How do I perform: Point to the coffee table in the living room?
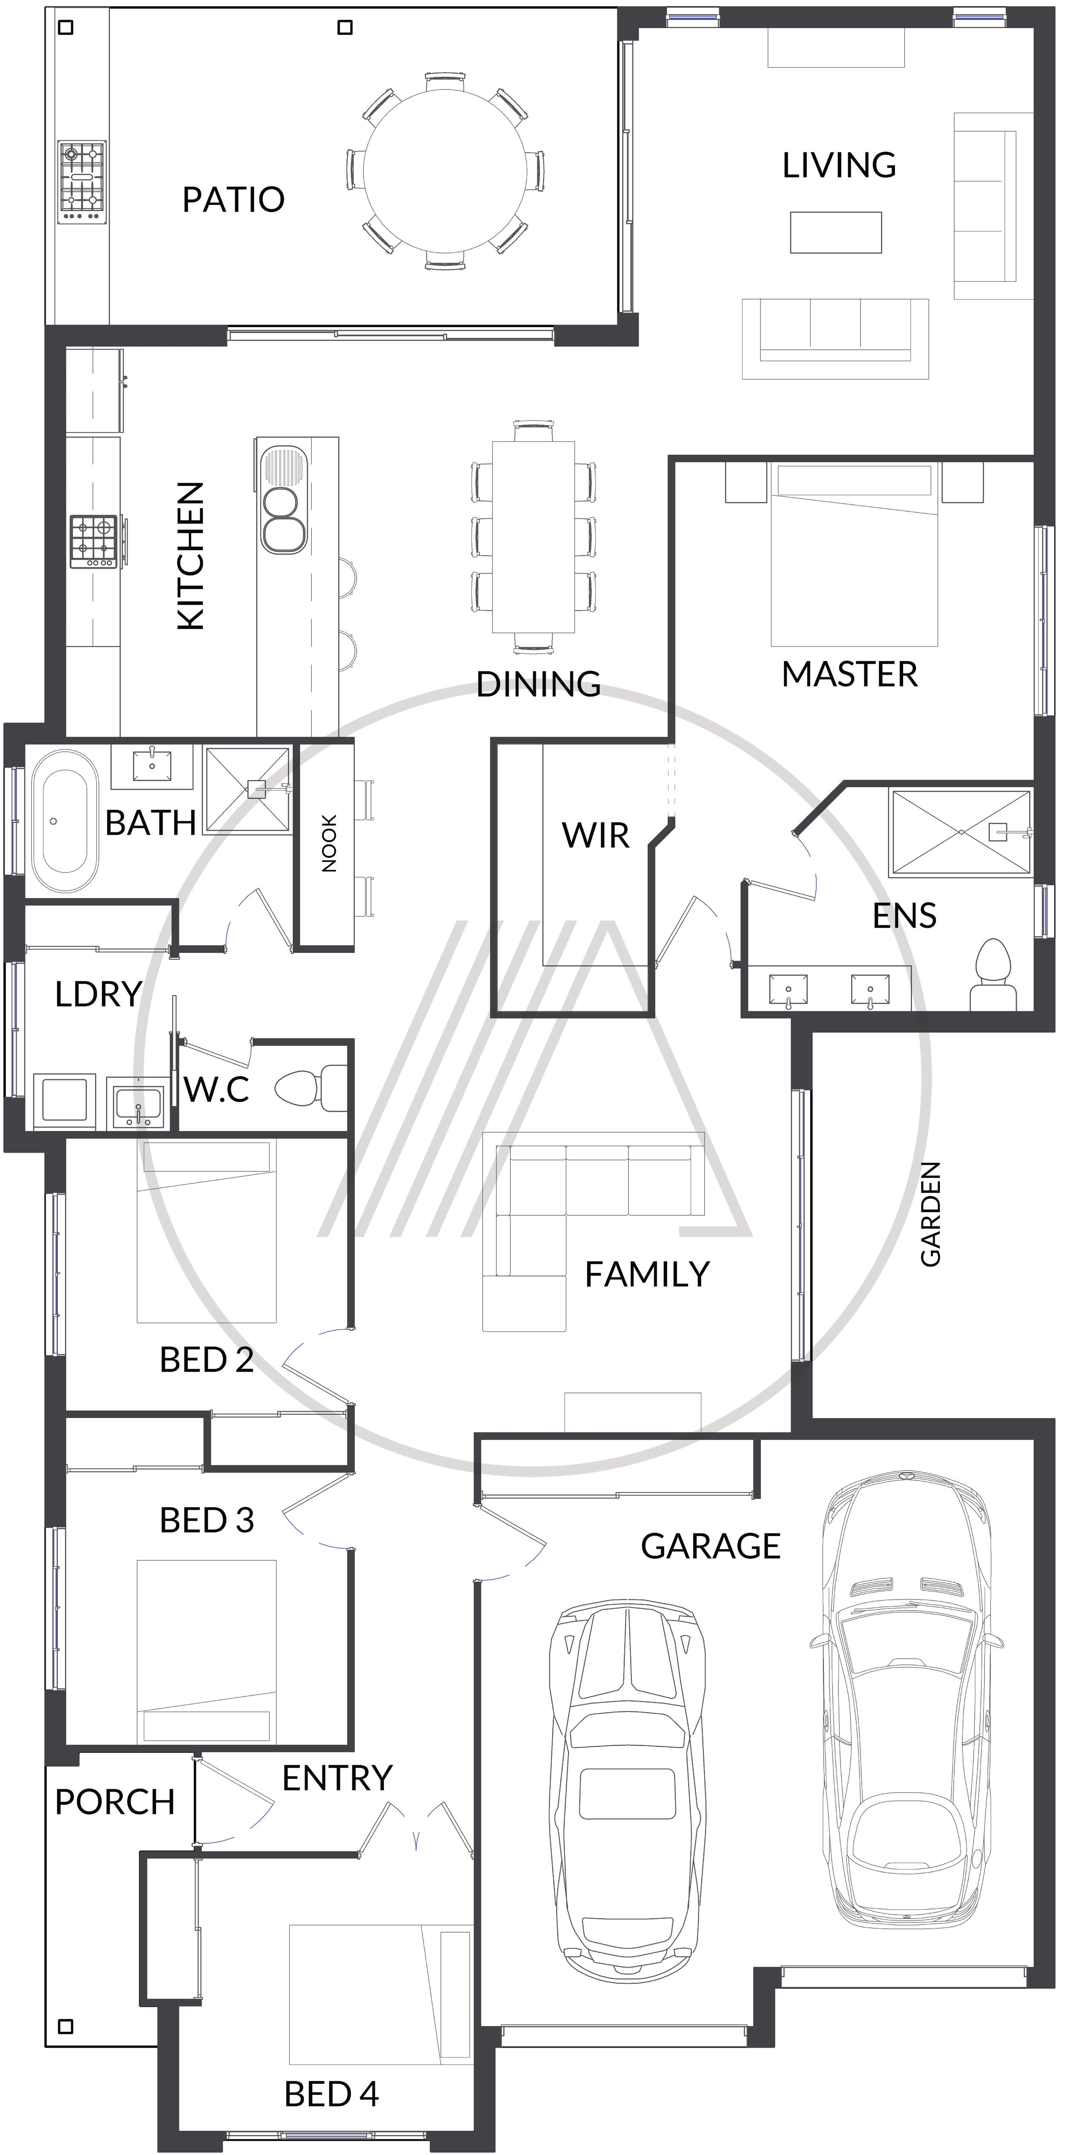click(x=836, y=232)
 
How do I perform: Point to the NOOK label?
click(x=329, y=843)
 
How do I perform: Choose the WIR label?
click(x=596, y=835)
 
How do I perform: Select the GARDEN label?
click(x=930, y=1214)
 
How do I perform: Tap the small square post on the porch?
click(x=65, y=2026)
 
